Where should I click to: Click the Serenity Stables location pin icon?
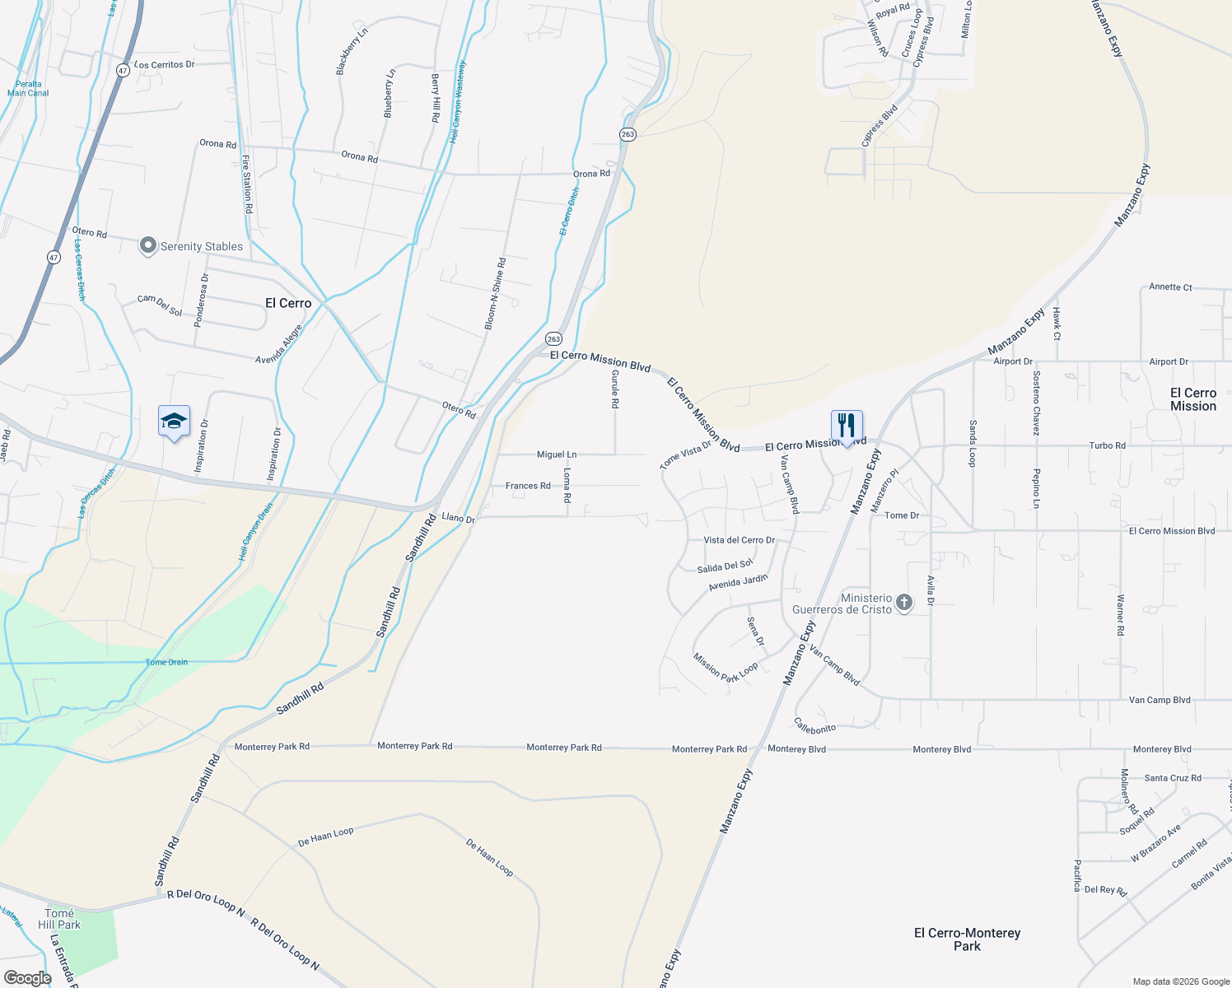click(147, 245)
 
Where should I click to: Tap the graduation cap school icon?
click(174, 422)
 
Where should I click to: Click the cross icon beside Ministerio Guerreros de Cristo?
click(903, 603)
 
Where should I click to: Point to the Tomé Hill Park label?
click(59, 919)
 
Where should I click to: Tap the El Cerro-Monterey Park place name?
click(967, 939)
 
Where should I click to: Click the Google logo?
click(27, 977)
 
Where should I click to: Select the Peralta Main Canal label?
click(28, 88)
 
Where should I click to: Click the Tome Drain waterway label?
click(166, 662)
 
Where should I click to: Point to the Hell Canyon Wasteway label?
click(458, 102)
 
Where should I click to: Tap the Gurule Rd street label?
click(614, 389)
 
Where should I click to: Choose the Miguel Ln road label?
click(557, 454)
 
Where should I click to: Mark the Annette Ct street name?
click(1170, 287)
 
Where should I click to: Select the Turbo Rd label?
click(1107, 445)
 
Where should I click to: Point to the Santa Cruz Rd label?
click(1173, 778)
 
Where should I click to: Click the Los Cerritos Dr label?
click(164, 64)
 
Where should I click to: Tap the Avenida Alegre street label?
click(278, 344)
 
